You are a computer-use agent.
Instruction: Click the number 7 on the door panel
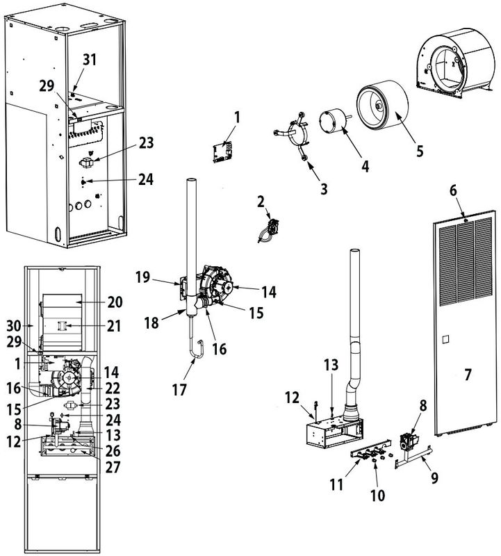coord(468,375)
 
